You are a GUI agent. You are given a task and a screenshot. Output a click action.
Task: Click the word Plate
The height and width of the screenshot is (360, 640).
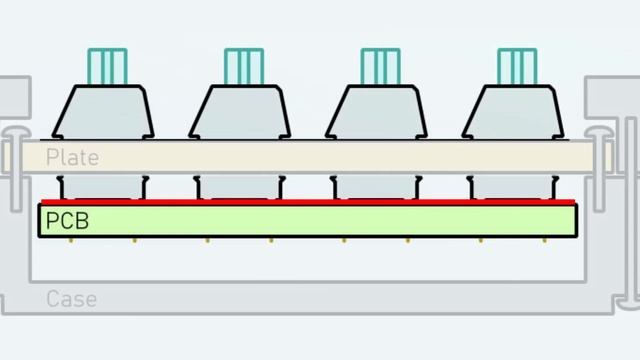pyautogui.click(x=72, y=158)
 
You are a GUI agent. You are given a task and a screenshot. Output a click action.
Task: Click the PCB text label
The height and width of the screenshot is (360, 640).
pyautogui.click(x=67, y=221)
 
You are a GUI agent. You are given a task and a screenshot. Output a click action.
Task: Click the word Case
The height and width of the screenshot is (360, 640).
pyautogui.click(x=71, y=299)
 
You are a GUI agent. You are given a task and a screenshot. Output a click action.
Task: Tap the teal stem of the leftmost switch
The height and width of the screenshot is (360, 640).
pyautogui.click(x=107, y=67)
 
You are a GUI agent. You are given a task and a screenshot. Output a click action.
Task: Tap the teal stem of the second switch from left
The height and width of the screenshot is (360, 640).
pyautogui.click(x=244, y=67)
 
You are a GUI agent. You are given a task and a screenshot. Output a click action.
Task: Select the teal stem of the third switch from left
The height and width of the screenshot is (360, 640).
pyautogui.click(x=380, y=67)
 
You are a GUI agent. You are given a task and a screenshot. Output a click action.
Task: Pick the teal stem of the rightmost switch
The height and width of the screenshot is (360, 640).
pyautogui.click(x=517, y=67)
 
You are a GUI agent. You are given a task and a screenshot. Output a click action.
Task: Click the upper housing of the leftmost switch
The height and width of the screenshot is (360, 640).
pyautogui.click(x=103, y=112)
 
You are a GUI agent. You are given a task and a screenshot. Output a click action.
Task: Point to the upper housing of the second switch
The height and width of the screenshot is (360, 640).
pyautogui.click(x=240, y=112)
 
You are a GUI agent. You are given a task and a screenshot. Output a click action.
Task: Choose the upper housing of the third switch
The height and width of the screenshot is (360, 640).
pyautogui.click(x=376, y=112)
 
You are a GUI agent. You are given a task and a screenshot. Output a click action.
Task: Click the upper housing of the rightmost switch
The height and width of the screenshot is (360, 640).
pyautogui.click(x=513, y=112)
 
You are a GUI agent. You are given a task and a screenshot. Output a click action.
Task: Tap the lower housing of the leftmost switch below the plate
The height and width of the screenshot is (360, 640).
pyautogui.click(x=103, y=187)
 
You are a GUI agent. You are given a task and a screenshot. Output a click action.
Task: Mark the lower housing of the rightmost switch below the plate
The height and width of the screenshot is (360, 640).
pyautogui.click(x=513, y=187)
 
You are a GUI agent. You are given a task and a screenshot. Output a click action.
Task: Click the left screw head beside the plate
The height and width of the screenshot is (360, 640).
pyautogui.click(x=16, y=133)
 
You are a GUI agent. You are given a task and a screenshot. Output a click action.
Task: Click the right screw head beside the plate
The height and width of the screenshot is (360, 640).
pyautogui.click(x=599, y=133)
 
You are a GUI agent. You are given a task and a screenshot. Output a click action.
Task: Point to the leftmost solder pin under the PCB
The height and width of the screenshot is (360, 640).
pyautogui.click(x=71, y=241)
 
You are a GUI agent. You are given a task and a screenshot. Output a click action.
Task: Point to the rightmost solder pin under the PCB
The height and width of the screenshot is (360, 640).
pyautogui.click(x=544, y=241)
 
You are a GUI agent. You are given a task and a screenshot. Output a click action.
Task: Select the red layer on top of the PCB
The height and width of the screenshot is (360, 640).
pyautogui.click(x=308, y=202)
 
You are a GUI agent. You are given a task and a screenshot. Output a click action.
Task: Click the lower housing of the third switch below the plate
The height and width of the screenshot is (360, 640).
pyautogui.click(x=376, y=187)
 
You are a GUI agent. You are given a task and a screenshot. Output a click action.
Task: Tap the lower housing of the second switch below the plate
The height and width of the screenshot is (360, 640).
pyautogui.click(x=240, y=187)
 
